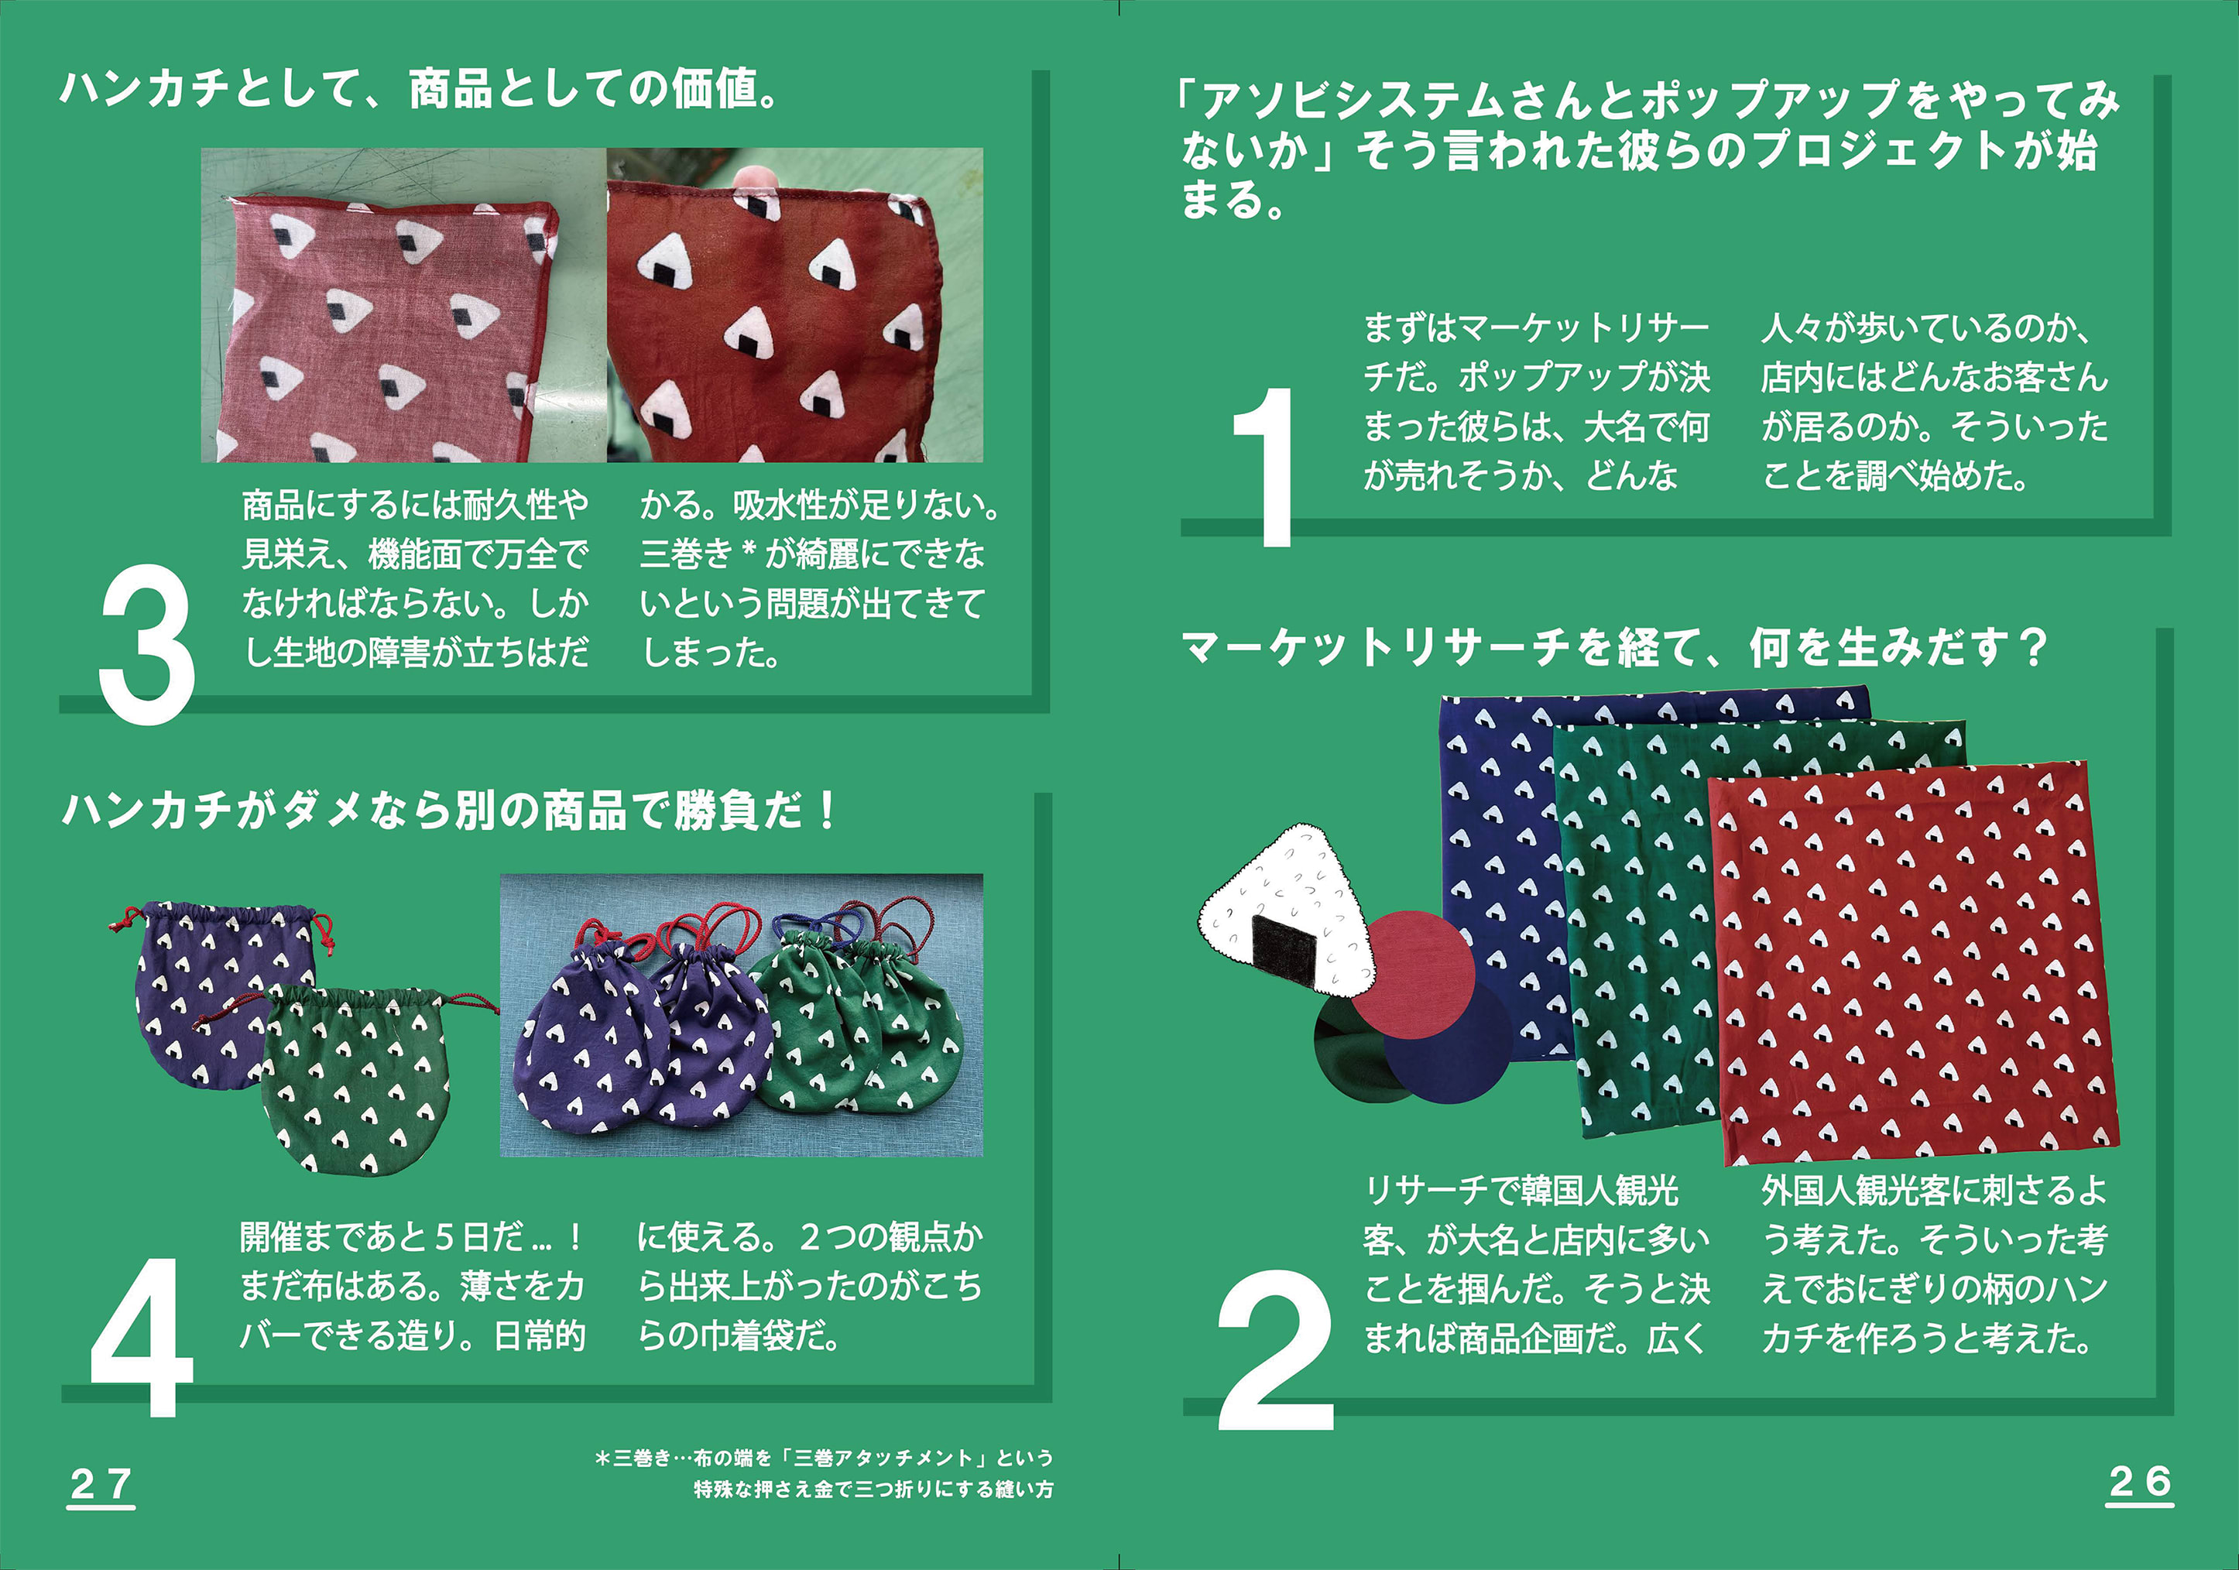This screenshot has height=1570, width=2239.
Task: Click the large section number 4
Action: pyautogui.click(x=142, y=1337)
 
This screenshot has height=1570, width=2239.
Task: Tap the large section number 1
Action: pyautogui.click(x=1265, y=467)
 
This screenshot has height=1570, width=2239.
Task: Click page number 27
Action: pyautogui.click(x=101, y=1485)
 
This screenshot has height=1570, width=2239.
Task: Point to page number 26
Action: pyautogui.click(x=2140, y=1483)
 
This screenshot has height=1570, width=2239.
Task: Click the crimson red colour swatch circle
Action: pyautogui.click(x=1413, y=974)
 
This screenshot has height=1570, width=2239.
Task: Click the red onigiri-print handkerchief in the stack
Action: pyautogui.click(x=1912, y=964)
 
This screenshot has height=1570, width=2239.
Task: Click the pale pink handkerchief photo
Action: pyautogui.click(x=403, y=305)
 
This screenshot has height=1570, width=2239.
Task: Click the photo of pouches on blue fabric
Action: pyautogui.click(x=741, y=1015)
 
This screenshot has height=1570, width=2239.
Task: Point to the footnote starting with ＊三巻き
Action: pyautogui.click(x=824, y=1473)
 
